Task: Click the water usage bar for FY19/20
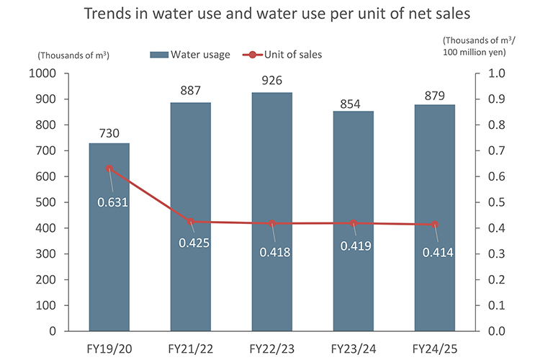[109, 238]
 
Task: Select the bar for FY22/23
[272, 212]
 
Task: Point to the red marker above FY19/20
[109, 168]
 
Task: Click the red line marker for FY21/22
[191, 222]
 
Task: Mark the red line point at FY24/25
[435, 225]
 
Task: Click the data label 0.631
[113, 202]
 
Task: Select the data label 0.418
[276, 253]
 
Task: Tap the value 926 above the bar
[272, 80]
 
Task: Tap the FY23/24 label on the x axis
[354, 348]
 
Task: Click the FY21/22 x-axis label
[191, 348]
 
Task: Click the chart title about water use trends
[276, 14]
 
